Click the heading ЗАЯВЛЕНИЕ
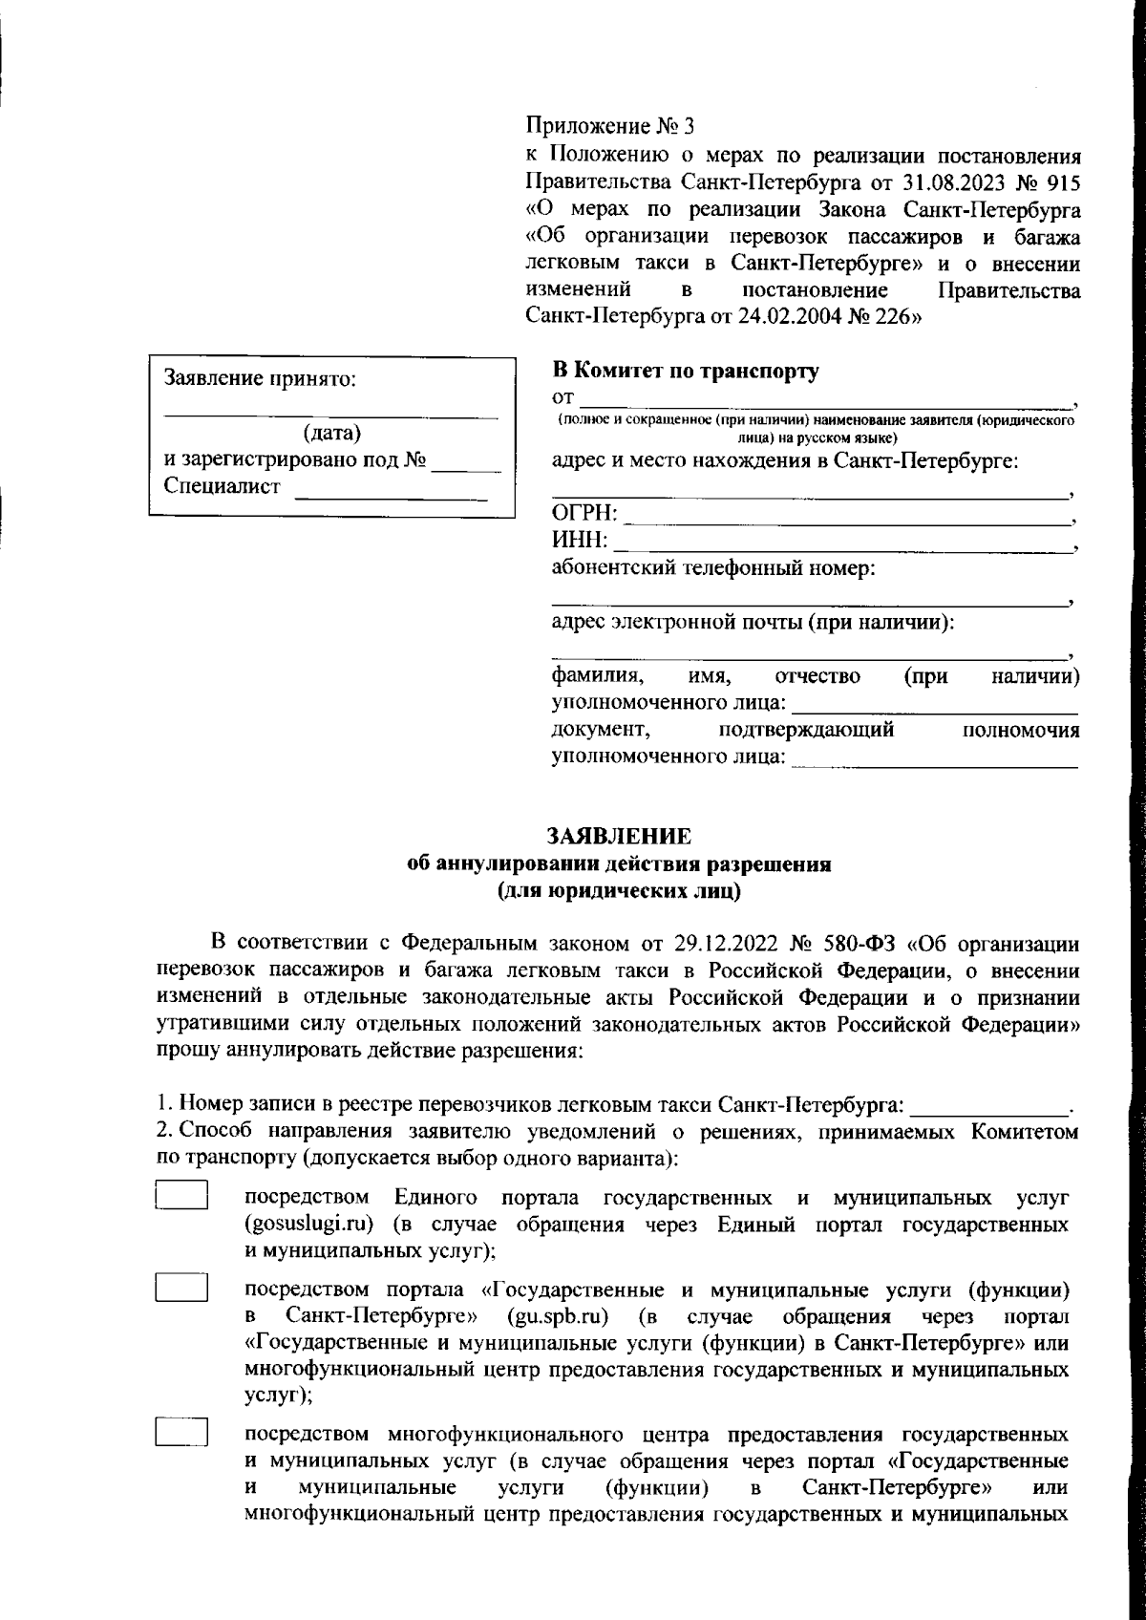coord(618,837)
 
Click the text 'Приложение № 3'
coord(612,125)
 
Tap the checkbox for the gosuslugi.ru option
coord(181,1196)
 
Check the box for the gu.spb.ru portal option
coord(181,1288)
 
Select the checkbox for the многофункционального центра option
coord(181,1432)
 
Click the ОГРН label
coord(584,515)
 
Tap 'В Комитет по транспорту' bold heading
coord(685,372)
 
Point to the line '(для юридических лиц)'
coord(618,892)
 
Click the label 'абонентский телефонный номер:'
coord(713,570)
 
